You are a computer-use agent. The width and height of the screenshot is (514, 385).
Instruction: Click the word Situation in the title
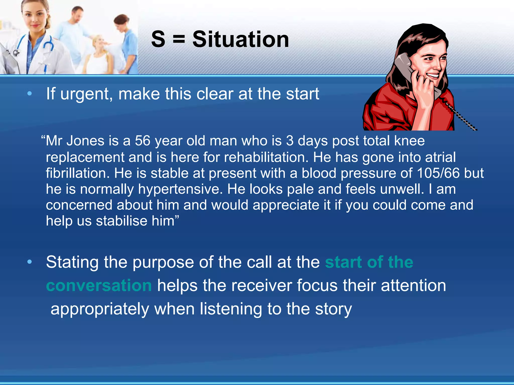click(240, 39)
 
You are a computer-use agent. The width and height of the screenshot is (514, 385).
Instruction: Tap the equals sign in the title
click(179, 39)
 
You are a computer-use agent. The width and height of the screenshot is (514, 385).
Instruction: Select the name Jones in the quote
click(85, 141)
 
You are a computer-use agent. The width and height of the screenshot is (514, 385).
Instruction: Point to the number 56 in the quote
click(143, 141)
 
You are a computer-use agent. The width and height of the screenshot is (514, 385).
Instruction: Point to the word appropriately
click(100, 309)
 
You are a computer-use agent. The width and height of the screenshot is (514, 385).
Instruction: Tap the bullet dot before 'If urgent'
click(30, 94)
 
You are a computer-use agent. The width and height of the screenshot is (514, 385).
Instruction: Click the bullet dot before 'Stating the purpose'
click(30, 262)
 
